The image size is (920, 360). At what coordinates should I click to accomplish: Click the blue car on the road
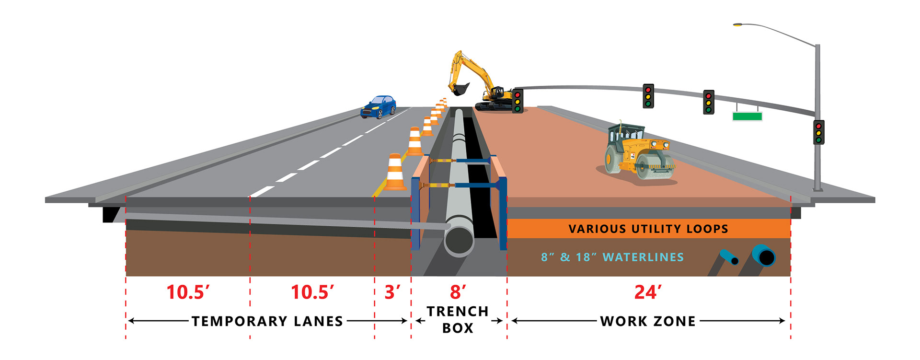379,107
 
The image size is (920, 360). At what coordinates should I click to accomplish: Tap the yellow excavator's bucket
460,89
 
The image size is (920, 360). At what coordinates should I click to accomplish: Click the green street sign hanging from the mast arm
747,116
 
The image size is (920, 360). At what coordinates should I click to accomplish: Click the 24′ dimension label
648,292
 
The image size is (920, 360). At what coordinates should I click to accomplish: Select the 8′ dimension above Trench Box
458,292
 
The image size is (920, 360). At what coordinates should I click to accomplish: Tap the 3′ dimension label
392,292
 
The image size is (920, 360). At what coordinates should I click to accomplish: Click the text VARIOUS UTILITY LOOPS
648,229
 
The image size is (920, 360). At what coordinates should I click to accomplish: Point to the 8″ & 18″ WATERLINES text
612,257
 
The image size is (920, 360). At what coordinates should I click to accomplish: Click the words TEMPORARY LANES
267,321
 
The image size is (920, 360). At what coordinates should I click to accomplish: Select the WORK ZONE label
648,321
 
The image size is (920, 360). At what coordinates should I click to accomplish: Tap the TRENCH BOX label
458,320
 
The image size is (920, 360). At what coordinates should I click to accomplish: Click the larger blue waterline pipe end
764,256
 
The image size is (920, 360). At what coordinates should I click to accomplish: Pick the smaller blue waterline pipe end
734,260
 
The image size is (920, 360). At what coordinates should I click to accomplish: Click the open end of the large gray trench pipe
459,240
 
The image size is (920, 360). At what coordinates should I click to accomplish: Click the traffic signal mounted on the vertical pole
819,132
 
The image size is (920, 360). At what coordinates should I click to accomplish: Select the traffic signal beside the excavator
517,101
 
